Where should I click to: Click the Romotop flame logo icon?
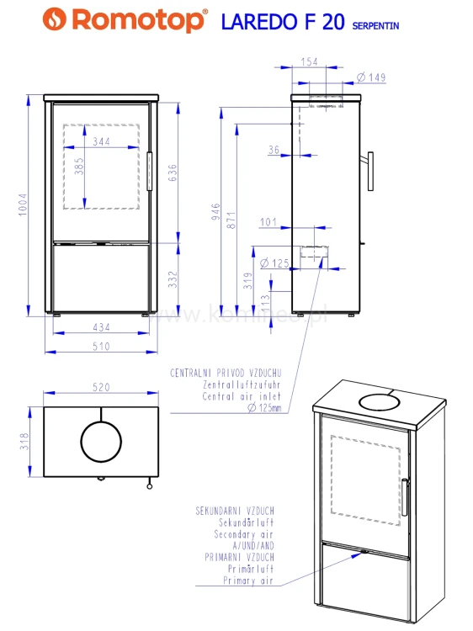(x=55, y=19)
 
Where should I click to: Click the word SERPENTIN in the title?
(x=375, y=26)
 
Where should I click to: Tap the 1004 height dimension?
(x=23, y=204)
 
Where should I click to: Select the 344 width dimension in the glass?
(x=101, y=141)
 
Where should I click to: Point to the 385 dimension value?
(x=79, y=166)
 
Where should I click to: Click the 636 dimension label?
(x=173, y=172)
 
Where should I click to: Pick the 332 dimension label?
(x=173, y=279)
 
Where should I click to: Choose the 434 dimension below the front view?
(x=101, y=327)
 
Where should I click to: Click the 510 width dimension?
(x=101, y=346)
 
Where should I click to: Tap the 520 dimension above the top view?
(x=101, y=387)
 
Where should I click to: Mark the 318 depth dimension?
(x=24, y=442)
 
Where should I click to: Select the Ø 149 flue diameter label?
(x=371, y=77)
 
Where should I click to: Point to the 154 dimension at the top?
(x=309, y=61)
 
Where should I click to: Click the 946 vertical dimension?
(x=215, y=212)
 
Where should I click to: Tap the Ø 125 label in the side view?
(x=274, y=263)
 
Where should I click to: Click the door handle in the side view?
(x=370, y=171)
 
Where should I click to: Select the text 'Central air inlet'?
(x=242, y=396)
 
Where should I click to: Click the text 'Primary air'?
(x=248, y=581)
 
